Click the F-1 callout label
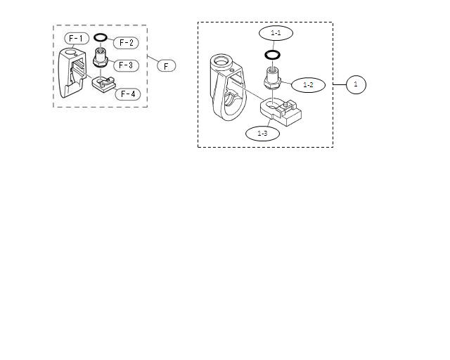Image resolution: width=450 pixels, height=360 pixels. coord(76,38)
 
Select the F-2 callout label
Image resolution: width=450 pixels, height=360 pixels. coord(127,43)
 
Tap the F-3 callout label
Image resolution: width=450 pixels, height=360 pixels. coord(127,65)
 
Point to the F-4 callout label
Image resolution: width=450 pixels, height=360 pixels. coord(128,94)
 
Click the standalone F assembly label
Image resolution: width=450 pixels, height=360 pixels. coord(166,65)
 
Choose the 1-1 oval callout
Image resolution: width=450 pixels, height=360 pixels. coord(276,33)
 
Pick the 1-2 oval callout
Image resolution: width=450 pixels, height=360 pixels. coord(308,85)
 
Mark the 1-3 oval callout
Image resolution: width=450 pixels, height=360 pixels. coord(262,133)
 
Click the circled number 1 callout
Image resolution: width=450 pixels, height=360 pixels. coord(356,84)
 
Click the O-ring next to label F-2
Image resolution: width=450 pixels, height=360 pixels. coord(100,38)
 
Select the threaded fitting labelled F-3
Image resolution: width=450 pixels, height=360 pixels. coord(100,56)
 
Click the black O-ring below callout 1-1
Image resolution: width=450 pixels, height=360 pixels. coord(274,55)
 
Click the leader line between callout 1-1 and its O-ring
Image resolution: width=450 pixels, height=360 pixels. coord(275,45)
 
